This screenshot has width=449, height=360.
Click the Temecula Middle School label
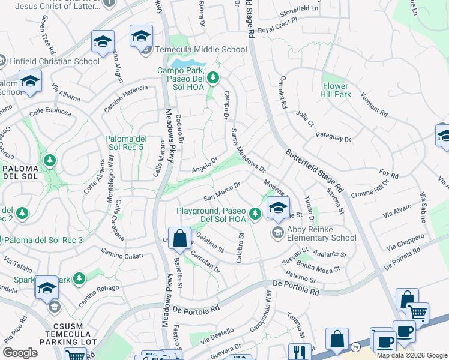tap(201, 49)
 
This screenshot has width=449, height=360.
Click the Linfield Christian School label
tap(53, 61)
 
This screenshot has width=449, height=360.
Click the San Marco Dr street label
tap(222, 191)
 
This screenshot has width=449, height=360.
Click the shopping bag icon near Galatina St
tap(179, 238)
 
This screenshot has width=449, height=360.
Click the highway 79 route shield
tap(356, 347)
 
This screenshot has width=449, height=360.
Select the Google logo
tap(20, 353)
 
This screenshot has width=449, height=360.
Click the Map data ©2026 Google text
tap(412, 355)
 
